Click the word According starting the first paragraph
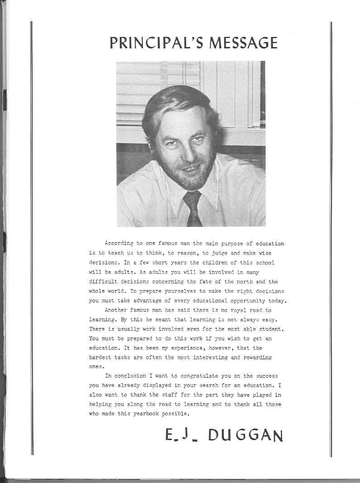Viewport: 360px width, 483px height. click(115, 244)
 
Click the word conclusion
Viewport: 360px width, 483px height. click(130, 376)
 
